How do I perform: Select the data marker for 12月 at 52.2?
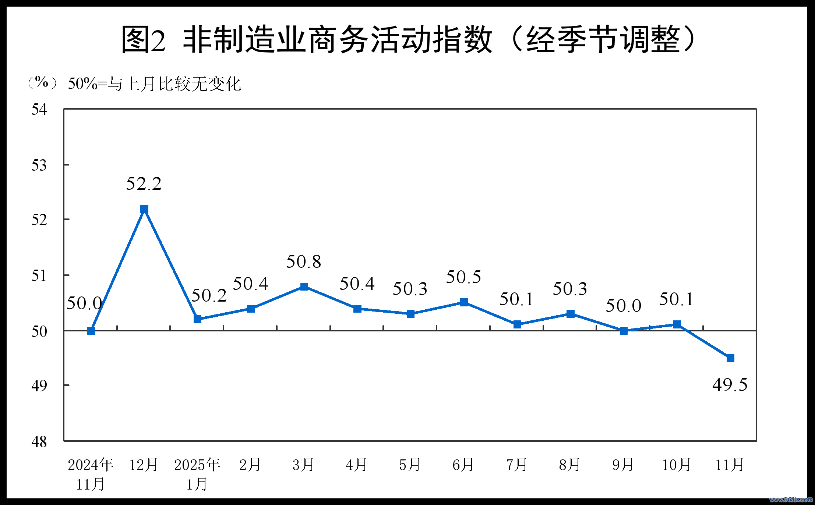point(144,209)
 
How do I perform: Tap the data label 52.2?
point(144,184)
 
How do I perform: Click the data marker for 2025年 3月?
point(304,287)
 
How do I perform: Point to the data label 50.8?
point(304,262)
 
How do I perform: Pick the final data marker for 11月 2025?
point(730,358)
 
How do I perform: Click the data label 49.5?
point(730,385)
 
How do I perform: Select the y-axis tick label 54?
point(39,110)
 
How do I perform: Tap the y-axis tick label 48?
point(39,442)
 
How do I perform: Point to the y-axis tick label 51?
point(39,275)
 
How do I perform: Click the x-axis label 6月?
point(463,465)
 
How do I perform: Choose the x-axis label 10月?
point(676,465)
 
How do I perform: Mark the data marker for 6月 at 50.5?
point(464,302)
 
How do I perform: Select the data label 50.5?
point(463,277)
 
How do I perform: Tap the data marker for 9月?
point(624,331)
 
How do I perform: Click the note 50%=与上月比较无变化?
point(154,84)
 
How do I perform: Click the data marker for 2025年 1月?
point(197,319)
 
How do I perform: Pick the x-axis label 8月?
point(569,465)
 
